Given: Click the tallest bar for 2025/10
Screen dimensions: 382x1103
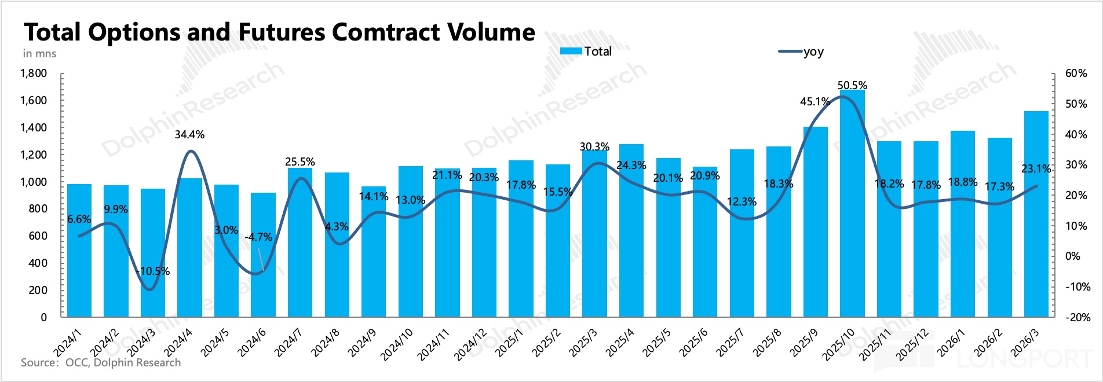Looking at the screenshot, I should (852, 203).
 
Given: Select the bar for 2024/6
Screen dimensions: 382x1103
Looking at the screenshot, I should (263, 255).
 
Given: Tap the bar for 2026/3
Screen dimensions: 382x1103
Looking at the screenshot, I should (1036, 214).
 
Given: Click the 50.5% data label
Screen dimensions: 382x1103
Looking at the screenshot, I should (852, 86).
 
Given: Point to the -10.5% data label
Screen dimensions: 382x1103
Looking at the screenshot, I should (153, 271).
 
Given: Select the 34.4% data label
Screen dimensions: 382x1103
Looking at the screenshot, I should (189, 135).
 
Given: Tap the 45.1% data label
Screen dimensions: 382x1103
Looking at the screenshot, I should (815, 102).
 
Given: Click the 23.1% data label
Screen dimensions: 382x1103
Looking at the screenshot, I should (1036, 169).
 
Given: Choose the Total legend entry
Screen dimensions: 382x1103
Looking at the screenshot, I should (586, 52).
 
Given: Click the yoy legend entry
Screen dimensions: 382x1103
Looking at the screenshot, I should (802, 52).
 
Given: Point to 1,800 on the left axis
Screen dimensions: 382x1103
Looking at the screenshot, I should (34, 74).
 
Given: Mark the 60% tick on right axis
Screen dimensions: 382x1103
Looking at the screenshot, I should (1076, 74).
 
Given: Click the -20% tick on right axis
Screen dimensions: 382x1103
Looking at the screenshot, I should (1077, 317).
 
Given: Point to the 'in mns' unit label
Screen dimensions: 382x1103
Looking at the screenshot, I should (39, 54).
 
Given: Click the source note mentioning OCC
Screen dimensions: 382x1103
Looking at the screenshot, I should (101, 363).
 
